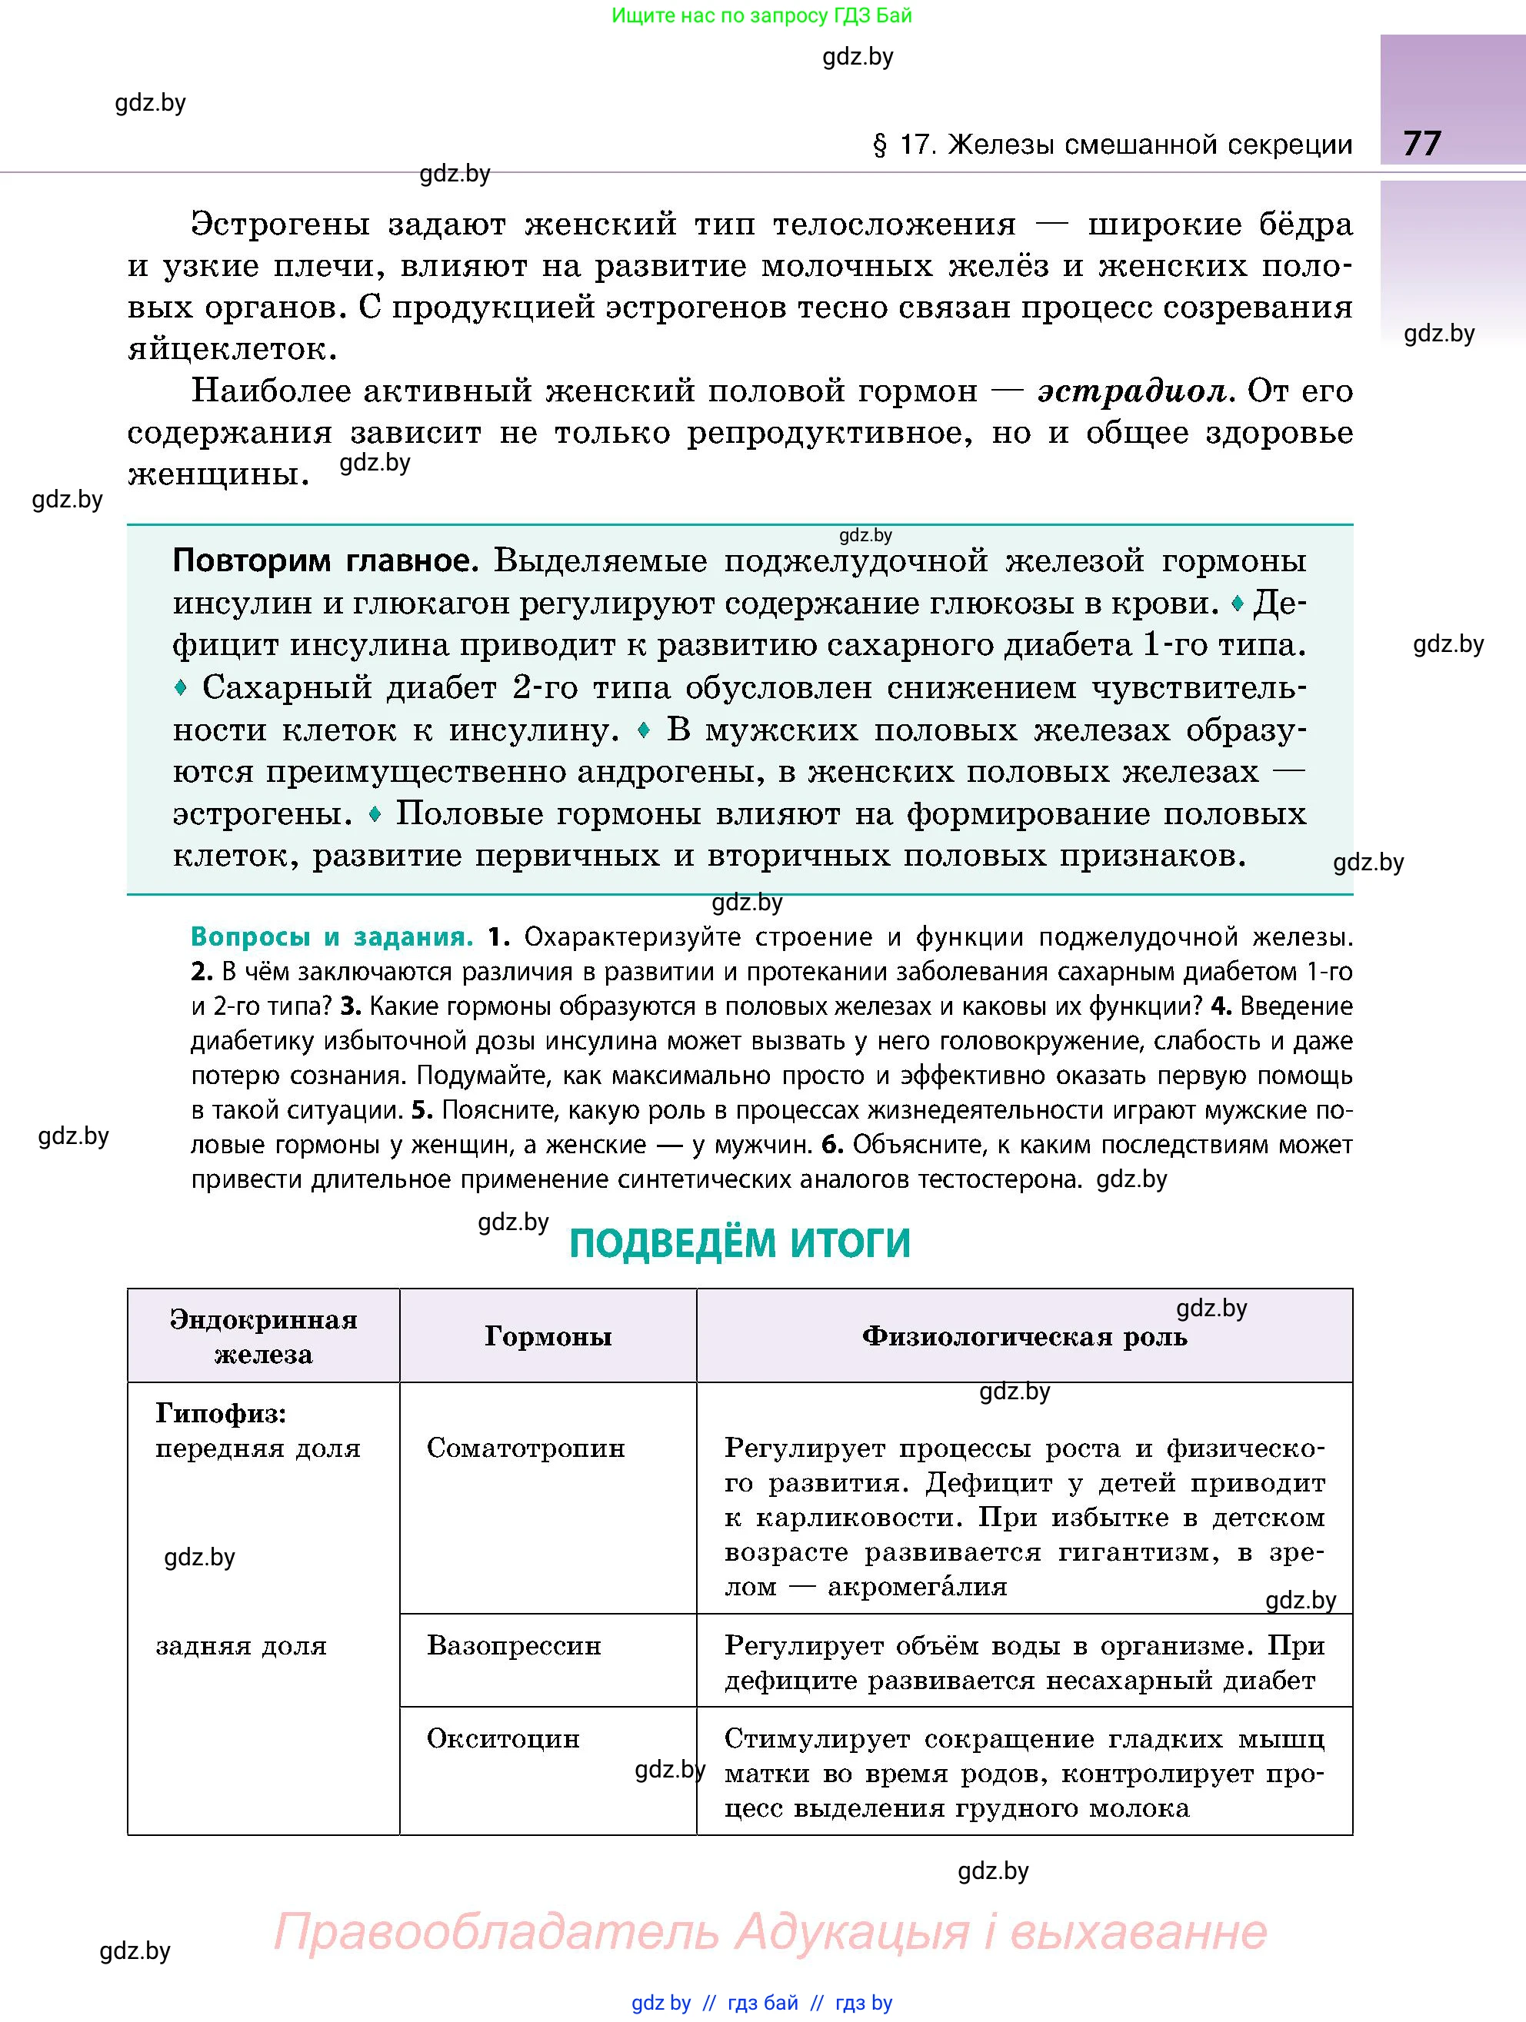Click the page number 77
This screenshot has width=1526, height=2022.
pyautogui.click(x=1421, y=144)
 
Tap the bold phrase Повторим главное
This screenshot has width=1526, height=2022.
pyautogui.click(x=325, y=560)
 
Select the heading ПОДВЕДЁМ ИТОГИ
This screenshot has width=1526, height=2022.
pyautogui.click(x=740, y=1243)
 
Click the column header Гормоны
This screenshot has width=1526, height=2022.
pyautogui.click(x=548, y=1336)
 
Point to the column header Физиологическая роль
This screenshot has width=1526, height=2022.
pyautogui.click(x=1024, y=1336)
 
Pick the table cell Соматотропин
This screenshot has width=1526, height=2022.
pyautogui.click(x=526, y=1448)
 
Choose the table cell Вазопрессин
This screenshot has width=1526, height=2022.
pyautogui.click(x=514, y=1645)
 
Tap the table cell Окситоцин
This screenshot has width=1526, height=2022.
pyautogui.click(x=503, y=1738)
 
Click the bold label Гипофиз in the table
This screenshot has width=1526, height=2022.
pyautogui.click(x=220, y=1413)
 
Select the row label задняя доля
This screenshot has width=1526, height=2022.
pyautogui.click(x=241, y=1645)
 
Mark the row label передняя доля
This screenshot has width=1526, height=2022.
pyautogui.click(x=258, y=1448)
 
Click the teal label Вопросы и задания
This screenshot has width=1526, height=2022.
pyautogui.click(x=331, y=936)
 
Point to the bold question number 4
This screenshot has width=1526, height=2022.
pyautogui.click(x=1221, y=1006)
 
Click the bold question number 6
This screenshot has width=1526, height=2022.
pyautogui.click(x=830, y=1145)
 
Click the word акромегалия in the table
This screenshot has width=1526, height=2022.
pyautogui.click(x=917, y=1586)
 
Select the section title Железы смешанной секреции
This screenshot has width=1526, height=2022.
pyautogui.click(x=1149, y=145)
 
